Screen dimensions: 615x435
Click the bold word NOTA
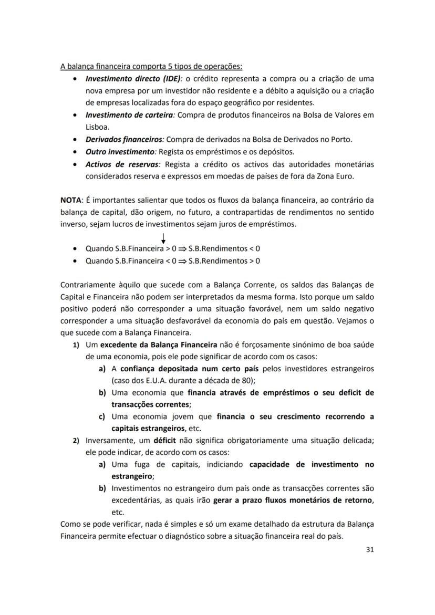point(70,200)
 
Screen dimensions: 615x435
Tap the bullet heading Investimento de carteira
point(130,115)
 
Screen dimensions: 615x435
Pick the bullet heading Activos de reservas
point(122,164)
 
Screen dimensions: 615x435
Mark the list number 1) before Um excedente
point(76,345)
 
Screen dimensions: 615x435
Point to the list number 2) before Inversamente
point(76,441)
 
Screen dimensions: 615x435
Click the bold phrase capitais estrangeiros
point(149,429)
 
